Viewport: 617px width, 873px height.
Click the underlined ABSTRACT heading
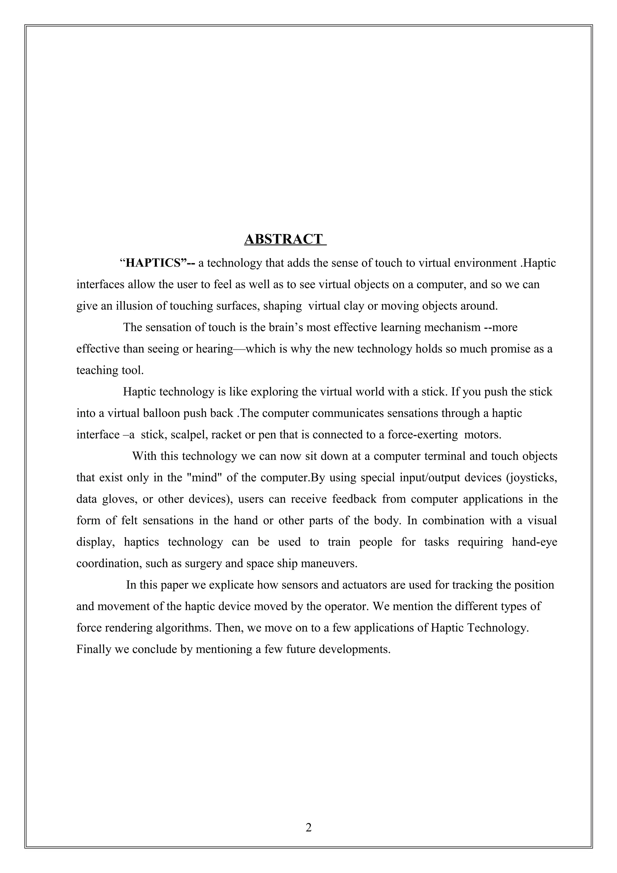tap(285, 239)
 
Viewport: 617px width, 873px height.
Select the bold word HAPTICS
tap(150, 263)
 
